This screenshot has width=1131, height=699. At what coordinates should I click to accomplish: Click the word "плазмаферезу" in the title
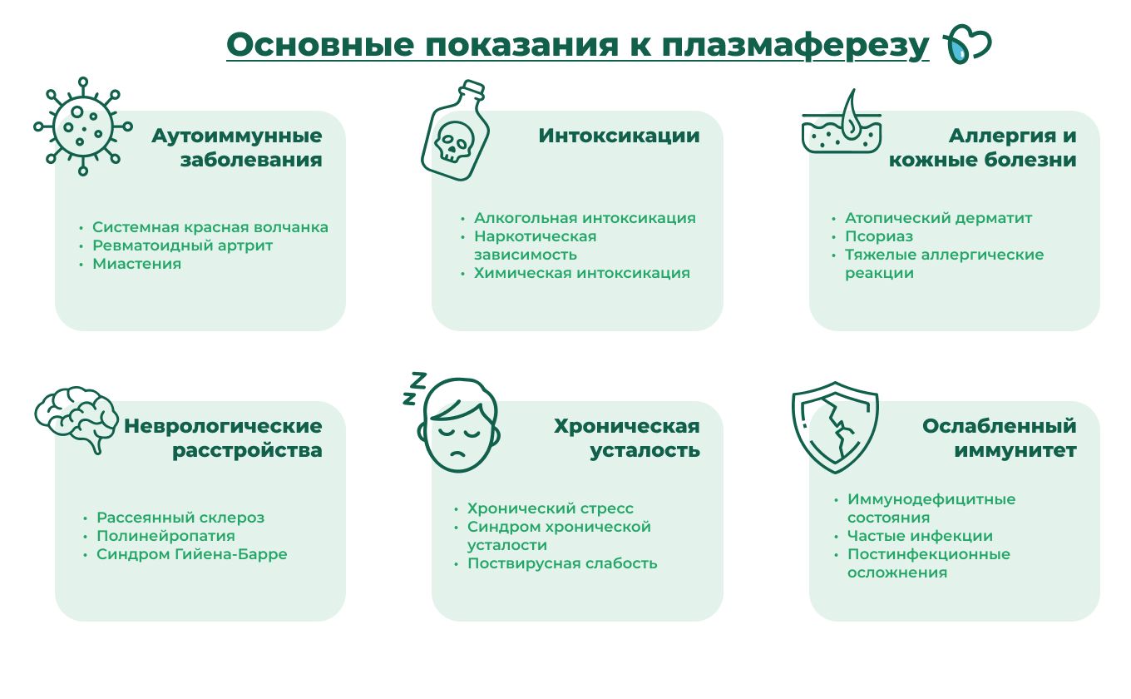coord(795,46)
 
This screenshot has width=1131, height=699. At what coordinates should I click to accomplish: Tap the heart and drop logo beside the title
coord(967,44)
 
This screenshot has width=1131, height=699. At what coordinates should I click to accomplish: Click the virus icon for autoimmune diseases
coord(83,126)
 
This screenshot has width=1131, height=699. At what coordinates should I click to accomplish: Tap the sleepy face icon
coord(458,425)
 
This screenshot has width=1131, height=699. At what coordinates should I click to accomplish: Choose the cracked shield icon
coord(835,427)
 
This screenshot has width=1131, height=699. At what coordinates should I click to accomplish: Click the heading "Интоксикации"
coord(619,136)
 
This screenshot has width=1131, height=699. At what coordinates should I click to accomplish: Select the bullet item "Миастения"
coord(136,264)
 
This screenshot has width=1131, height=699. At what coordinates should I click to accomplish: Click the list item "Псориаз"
coord(879,236)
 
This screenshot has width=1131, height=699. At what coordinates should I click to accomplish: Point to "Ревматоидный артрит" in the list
coord(182,245)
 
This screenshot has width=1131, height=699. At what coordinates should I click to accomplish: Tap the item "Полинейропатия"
coord(165,536)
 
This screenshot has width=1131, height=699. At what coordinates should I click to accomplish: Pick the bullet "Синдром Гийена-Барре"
coord(192,554)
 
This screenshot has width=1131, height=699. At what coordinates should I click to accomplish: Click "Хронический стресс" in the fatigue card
coord(551,508)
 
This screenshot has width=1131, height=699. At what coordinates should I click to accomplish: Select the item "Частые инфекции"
coord(920,536)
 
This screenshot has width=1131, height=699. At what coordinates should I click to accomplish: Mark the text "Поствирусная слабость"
coord(562,563)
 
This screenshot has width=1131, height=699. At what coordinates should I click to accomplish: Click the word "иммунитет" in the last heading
coord(1015,450)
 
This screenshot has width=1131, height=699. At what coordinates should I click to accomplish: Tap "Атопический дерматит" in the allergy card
coord(939,218)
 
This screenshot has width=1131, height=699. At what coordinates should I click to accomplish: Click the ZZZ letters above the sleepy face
coord(414,389)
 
